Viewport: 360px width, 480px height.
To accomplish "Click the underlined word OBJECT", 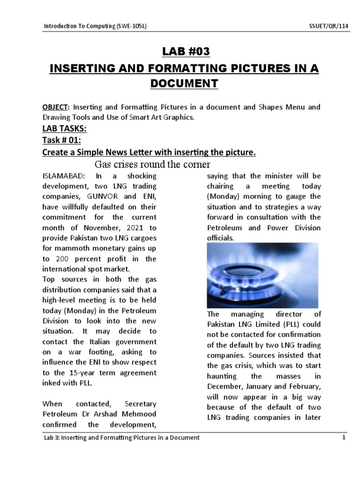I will (x=56, y=107).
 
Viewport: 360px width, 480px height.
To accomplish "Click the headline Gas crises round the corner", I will (x=152, y=164).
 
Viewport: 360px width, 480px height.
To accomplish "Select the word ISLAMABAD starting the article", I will (x=63, y=176).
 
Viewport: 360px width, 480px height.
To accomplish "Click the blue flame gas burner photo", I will (x=262, y=275).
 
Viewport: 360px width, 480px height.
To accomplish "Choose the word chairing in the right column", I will (x=223, y=187).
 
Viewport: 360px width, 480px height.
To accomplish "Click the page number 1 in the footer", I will (x=344, y=437).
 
